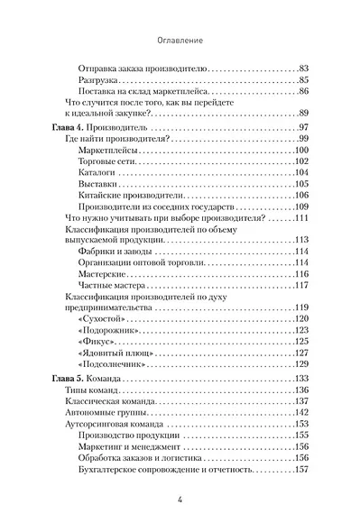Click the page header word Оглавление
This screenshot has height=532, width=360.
tap(180, 41)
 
